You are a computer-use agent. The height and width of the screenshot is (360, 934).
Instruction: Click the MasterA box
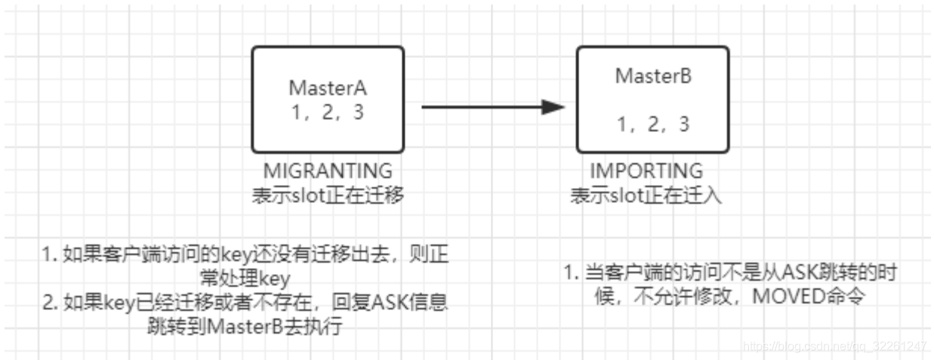(x=328, y=99)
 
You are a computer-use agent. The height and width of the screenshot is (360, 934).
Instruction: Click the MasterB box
(x=652, y=99)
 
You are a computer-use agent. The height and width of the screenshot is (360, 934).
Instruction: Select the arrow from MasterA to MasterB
(x=483, y=107)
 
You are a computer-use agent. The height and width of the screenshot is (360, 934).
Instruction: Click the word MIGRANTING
(x=328, y=171)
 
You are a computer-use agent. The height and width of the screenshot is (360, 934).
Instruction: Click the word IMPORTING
(x=647, y=171)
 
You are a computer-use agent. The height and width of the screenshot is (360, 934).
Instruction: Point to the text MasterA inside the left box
(x=328, y=87)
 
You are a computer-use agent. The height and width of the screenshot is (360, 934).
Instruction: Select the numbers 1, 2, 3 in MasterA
(x=328, y=112)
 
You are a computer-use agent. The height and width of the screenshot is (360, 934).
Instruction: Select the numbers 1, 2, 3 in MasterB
(x=653, y=125)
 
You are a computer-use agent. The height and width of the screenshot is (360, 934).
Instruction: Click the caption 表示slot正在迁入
(x=647, y=195)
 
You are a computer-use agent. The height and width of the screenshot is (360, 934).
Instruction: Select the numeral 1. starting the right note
(x=571, y=272)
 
